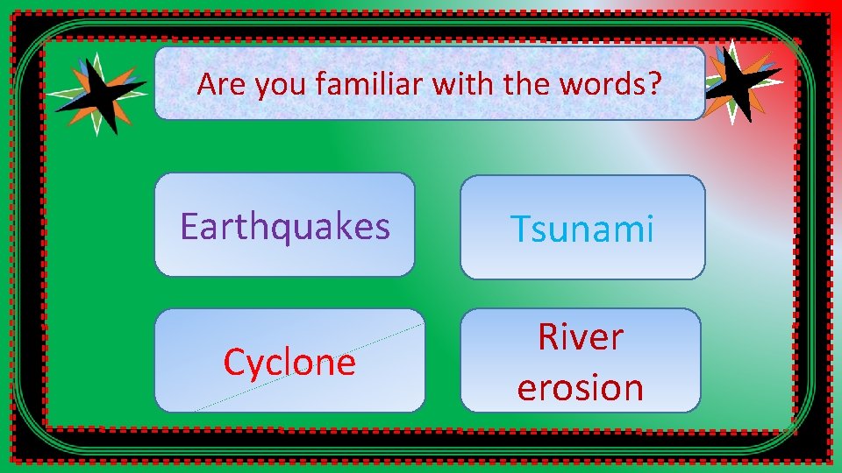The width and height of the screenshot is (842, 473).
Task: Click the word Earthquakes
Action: (x=285, y=226)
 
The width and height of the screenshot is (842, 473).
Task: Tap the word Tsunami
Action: (x=582, y=229)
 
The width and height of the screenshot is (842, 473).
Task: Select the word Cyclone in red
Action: (x=289, y=362)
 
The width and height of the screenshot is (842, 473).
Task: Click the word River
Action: (x=581, y=337)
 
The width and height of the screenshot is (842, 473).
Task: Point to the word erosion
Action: (x=581, y=387)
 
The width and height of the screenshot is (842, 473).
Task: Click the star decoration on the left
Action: (x=96, y=92)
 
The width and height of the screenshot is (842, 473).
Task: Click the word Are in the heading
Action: (x=217, y=84)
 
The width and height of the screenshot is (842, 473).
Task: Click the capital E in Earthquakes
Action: (x=189, y=226)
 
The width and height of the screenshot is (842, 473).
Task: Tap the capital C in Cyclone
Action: (x=234, y=362)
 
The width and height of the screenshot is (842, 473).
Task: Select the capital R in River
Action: (x=548, y=337)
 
